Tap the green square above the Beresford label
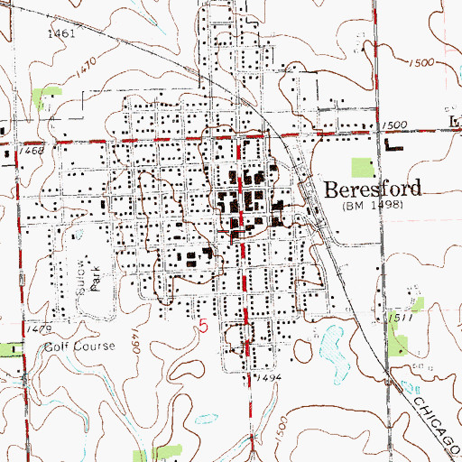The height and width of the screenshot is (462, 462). click(361, 167)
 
